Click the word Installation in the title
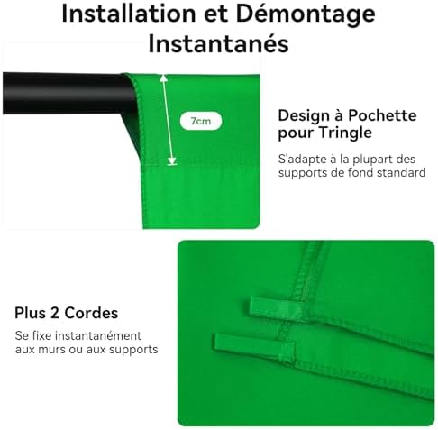(x=129, y=14)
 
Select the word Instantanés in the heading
(x=219, y=44)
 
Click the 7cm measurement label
(x=201, y=121)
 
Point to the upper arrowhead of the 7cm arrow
(x=163, y=78)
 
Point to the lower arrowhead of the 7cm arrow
(x=172, y=160)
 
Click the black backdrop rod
(x=69, y=93)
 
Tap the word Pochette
(x=382, y=115)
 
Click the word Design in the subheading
(x=304, y=116)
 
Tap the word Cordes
(x=91, y=313)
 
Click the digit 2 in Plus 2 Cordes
(x=55, y=313)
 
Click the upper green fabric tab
(x=275, y=308)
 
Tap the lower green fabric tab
(x=254, y=347)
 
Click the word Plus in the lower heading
(x=31, y=313)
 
